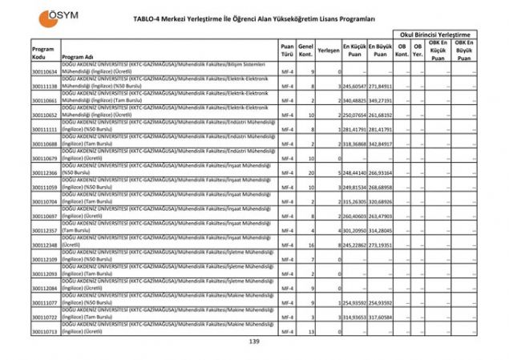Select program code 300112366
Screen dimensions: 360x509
(44, 172)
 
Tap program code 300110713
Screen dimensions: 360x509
(44, 330)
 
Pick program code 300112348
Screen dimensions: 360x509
(44, 245)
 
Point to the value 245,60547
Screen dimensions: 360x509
(355, 87)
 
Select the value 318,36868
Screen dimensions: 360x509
(355, 144)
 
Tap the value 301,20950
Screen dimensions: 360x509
(355, 230)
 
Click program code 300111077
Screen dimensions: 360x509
(44, 302)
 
